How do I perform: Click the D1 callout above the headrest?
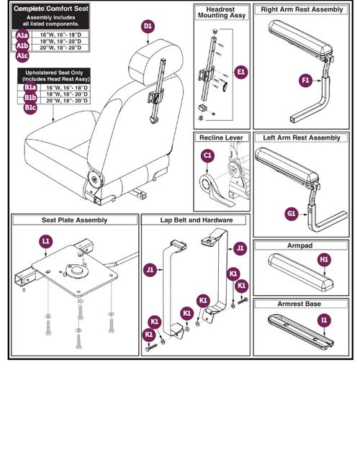(x=148, y=27)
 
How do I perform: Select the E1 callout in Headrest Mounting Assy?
(x=240, y=71)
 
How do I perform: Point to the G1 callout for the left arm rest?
(x=291, y=213)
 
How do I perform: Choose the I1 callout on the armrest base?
(x=324, y=318)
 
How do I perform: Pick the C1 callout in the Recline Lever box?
(x=207, y=155)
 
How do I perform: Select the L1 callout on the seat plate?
(x=45, y=243)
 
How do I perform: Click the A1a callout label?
(x=23, y=35)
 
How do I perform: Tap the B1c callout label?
(x=30, y=107)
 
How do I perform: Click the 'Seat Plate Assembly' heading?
(x=71, y=220)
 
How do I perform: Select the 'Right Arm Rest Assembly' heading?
(x=302, y=10)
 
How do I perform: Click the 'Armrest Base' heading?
(x=302, y=304)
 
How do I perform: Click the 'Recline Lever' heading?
(x=221, y=137)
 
